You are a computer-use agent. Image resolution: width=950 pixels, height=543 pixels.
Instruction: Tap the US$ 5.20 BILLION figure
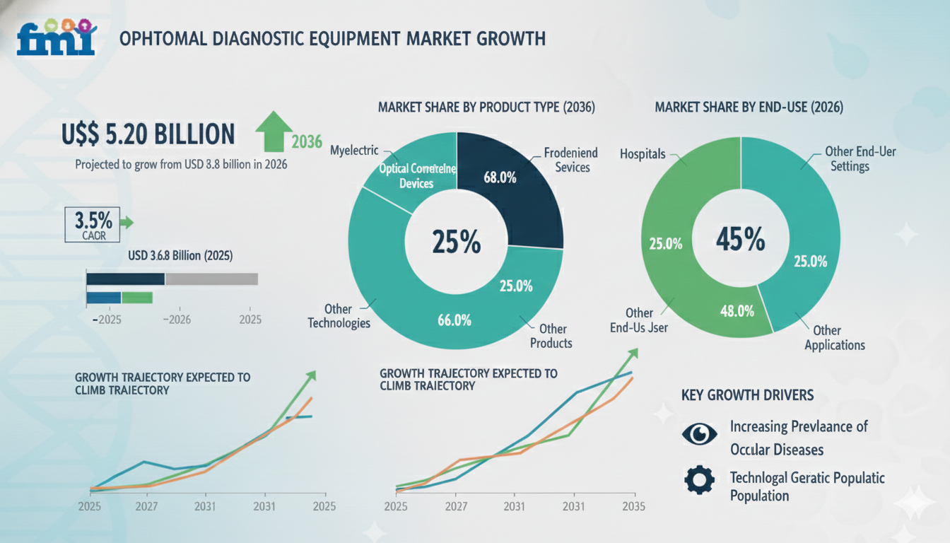[x=148, y=134]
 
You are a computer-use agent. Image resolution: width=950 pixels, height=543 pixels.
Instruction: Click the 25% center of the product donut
[x=456, y=243]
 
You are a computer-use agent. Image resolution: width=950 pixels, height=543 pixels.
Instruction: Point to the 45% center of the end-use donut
[x=740, y=240]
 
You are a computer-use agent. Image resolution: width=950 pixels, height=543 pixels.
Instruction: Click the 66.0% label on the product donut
[x=454, y=320]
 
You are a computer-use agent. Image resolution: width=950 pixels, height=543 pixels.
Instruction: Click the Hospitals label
[x=643, y=153]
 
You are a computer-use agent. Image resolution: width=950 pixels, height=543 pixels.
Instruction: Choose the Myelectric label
[x=354, y=151]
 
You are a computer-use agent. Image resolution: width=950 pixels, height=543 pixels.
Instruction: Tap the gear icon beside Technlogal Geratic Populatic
[x=699, y=481]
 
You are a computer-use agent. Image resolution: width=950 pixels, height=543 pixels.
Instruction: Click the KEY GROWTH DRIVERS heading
[x=747, y=395]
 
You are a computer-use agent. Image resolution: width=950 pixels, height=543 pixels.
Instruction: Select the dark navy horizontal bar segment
[x=125, y=279]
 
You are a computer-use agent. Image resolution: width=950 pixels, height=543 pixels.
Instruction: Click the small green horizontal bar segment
[x=137, y=298]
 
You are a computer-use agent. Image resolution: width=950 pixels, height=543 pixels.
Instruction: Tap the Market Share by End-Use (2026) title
[x=749, y=107]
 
